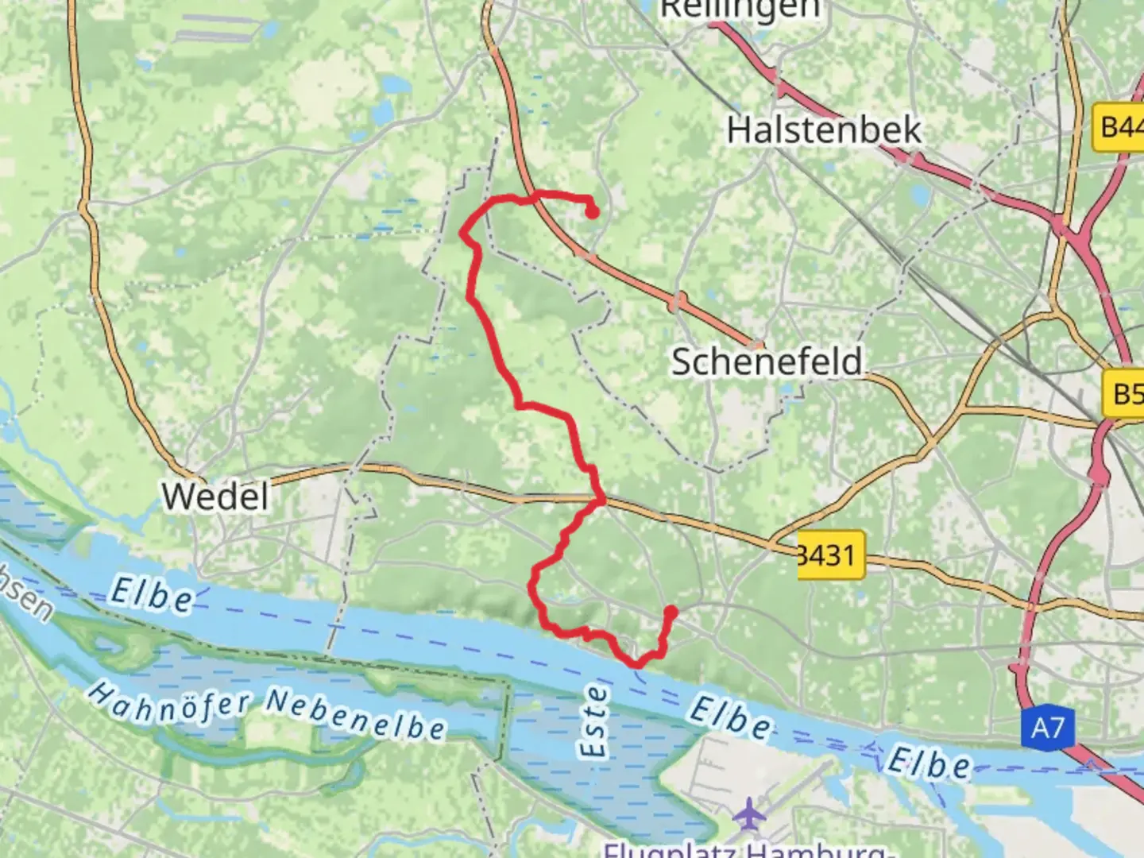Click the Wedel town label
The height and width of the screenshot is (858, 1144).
[215, 497]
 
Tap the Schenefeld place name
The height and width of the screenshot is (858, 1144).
[767, 362]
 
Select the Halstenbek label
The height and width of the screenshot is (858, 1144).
[824, 129]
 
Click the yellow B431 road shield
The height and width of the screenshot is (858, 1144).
[830, 554]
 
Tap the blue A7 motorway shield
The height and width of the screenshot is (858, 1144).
[1047, 728]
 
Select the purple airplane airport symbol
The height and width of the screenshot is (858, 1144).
[747, 814]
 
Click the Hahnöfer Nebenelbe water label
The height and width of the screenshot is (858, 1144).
[265, 710]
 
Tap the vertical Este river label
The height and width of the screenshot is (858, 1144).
[594, 721]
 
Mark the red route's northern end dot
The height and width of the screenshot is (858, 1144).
[592, 211]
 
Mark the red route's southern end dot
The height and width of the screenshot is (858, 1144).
[671, 612]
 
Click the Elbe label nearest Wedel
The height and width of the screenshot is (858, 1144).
[151, 594]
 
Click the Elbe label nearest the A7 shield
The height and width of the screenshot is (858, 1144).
[928, 763]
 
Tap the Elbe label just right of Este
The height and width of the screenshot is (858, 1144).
[729, 717]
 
